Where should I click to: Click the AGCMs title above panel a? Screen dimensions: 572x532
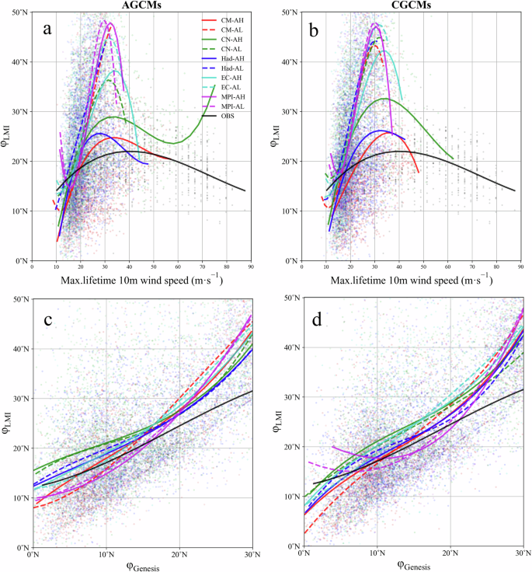(x=141, y=5)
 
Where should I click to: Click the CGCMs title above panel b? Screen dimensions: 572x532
(x=409, y=5)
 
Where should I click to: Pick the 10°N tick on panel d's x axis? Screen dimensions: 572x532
(x=377, y=554)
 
